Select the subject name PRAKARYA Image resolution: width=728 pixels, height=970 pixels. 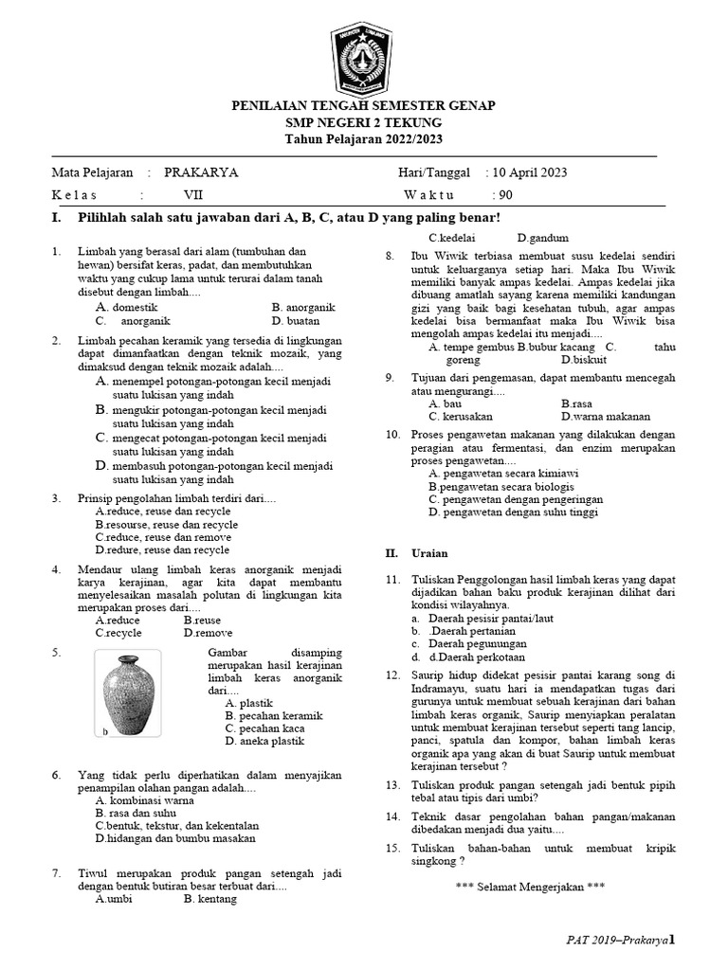pyautogui.click(x=201, y=172)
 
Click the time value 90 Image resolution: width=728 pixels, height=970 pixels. pyautogui.click(x=505, y=195)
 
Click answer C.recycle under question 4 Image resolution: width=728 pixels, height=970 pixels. pyautogui.click(x=118, y=633)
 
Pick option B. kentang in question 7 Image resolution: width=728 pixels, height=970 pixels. pyautogui.click(x=210, y=900)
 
